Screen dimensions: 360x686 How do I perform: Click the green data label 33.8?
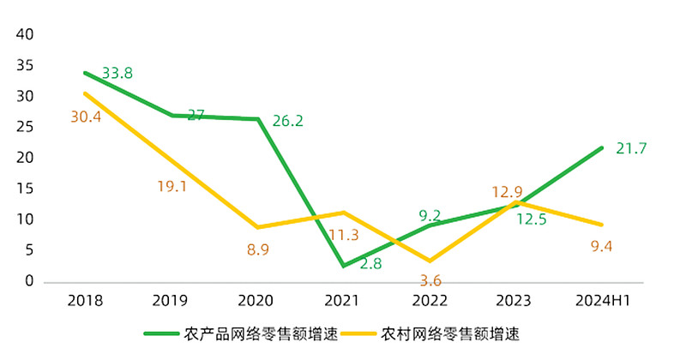click(117, 74)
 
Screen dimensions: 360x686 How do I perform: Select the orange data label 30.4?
click(86, 117)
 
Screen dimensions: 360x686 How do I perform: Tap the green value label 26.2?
click(287, 122)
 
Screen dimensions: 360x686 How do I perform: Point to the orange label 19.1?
click(171, 186)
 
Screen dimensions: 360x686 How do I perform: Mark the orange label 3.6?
click(430, 280)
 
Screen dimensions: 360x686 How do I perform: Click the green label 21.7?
click(631, 149)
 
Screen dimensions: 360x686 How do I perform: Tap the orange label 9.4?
click(601, 248)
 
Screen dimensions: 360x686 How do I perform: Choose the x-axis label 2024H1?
click(601, 302)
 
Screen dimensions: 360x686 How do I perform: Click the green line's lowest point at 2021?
click(343, 266)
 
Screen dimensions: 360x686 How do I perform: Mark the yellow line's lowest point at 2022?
click(430, 261)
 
